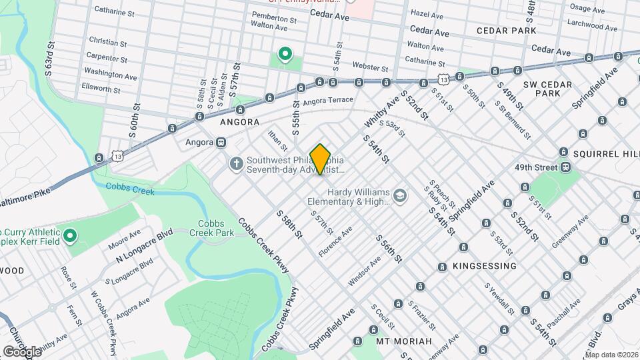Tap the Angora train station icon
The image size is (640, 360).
pyautogui.click(x=221, y=142)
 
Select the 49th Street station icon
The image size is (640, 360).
pyautogui.click(x=565, y=167)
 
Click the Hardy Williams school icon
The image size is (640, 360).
pyautogui.click(x=399, y=195)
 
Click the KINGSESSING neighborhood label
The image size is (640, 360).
pyautogui.click(x=485, y=266)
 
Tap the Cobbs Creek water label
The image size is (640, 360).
pyautogui.click(x=130, y=189)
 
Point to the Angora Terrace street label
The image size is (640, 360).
pyautogui.click(x=327, y=101)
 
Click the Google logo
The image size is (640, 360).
pyautogui.click(x=22, y=351)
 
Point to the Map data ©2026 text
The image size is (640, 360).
pyautogui.click(x=611, y=355)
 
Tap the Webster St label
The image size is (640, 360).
pyautogui.click(x=369, y=68)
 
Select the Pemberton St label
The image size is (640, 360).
pyautogui.click(x=273, y=19)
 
